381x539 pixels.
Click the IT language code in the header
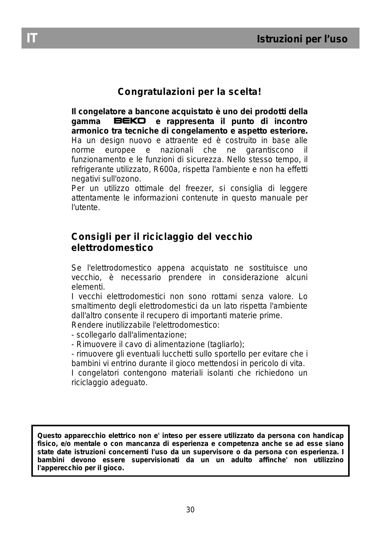point(32,38)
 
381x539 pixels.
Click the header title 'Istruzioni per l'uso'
point(302,39)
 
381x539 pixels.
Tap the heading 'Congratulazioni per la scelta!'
point(190,92)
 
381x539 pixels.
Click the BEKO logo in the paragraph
point(130,121)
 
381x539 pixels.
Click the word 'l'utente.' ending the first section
point(86,208)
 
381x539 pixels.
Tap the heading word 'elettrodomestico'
point(112,248)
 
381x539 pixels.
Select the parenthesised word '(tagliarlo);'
point(226,344)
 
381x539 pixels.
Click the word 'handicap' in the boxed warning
point(328,436)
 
